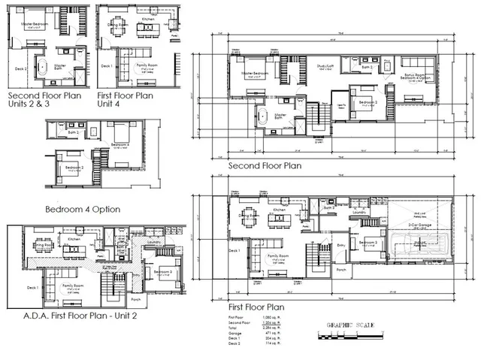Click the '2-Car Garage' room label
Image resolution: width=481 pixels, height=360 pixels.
pyautogui.click(x=418, y=224)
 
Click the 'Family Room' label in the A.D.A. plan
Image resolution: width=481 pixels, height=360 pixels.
pyautogui.click(x=73, y=286)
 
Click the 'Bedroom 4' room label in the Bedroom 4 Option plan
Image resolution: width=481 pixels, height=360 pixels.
pyautogui.click(x=121, y=144)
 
